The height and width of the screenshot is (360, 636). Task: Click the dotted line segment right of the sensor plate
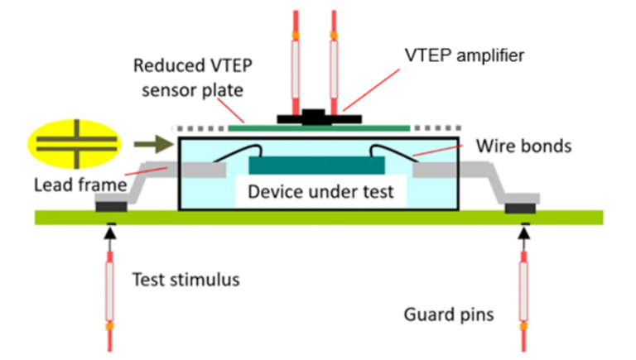(x=439, y=128)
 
